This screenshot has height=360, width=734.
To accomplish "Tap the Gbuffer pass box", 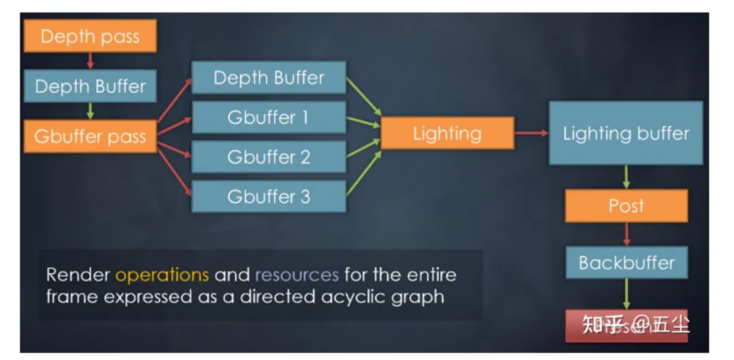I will (89, 136).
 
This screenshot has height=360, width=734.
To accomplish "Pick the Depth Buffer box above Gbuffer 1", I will (268, 79).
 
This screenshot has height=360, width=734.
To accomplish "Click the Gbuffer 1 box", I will (268, 118).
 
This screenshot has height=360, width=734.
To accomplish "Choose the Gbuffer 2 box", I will (268, 157).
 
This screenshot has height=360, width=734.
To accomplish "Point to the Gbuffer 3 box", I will (268, 196).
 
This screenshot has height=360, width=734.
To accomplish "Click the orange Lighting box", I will (447, 134).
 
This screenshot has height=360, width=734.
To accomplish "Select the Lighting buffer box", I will (625, 134).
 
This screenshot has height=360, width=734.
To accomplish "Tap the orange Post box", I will (626, 206).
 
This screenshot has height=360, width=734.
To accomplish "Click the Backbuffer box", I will (626, 263).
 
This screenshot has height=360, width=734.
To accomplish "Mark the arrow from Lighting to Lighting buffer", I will (531, 134).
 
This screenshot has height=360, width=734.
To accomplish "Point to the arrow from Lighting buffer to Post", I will (626, 177).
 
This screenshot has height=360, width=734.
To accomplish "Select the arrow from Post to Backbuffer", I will (626, 234).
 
